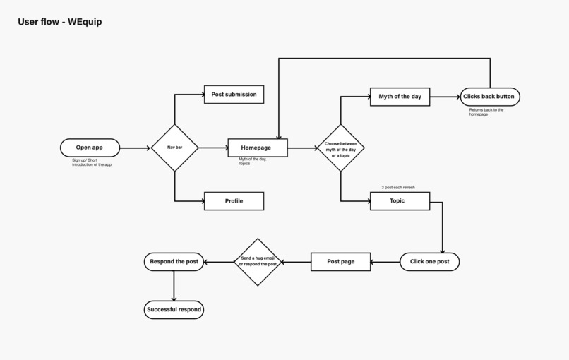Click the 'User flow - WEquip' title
click(59, 22)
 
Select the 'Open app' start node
click(90, 148)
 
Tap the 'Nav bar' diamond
click(174, 148)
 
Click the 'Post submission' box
click(234, 95)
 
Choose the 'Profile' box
click(234, 201)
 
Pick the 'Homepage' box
click(258, 148)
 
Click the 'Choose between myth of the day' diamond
click(340, 148)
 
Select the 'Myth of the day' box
click(400, 97)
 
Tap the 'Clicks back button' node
click(489, 97)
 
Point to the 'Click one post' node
click(429, 262)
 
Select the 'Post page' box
click(340, 262)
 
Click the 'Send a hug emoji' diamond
click(258, 262)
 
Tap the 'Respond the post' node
click(174, 262)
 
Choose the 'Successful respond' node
click(174, 309)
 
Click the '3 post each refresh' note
click(398, 188)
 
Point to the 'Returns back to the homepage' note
click(486, 112)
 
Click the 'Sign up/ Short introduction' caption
click(91, 162)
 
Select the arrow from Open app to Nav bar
click(136, 148)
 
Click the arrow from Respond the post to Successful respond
click(174, 286)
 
